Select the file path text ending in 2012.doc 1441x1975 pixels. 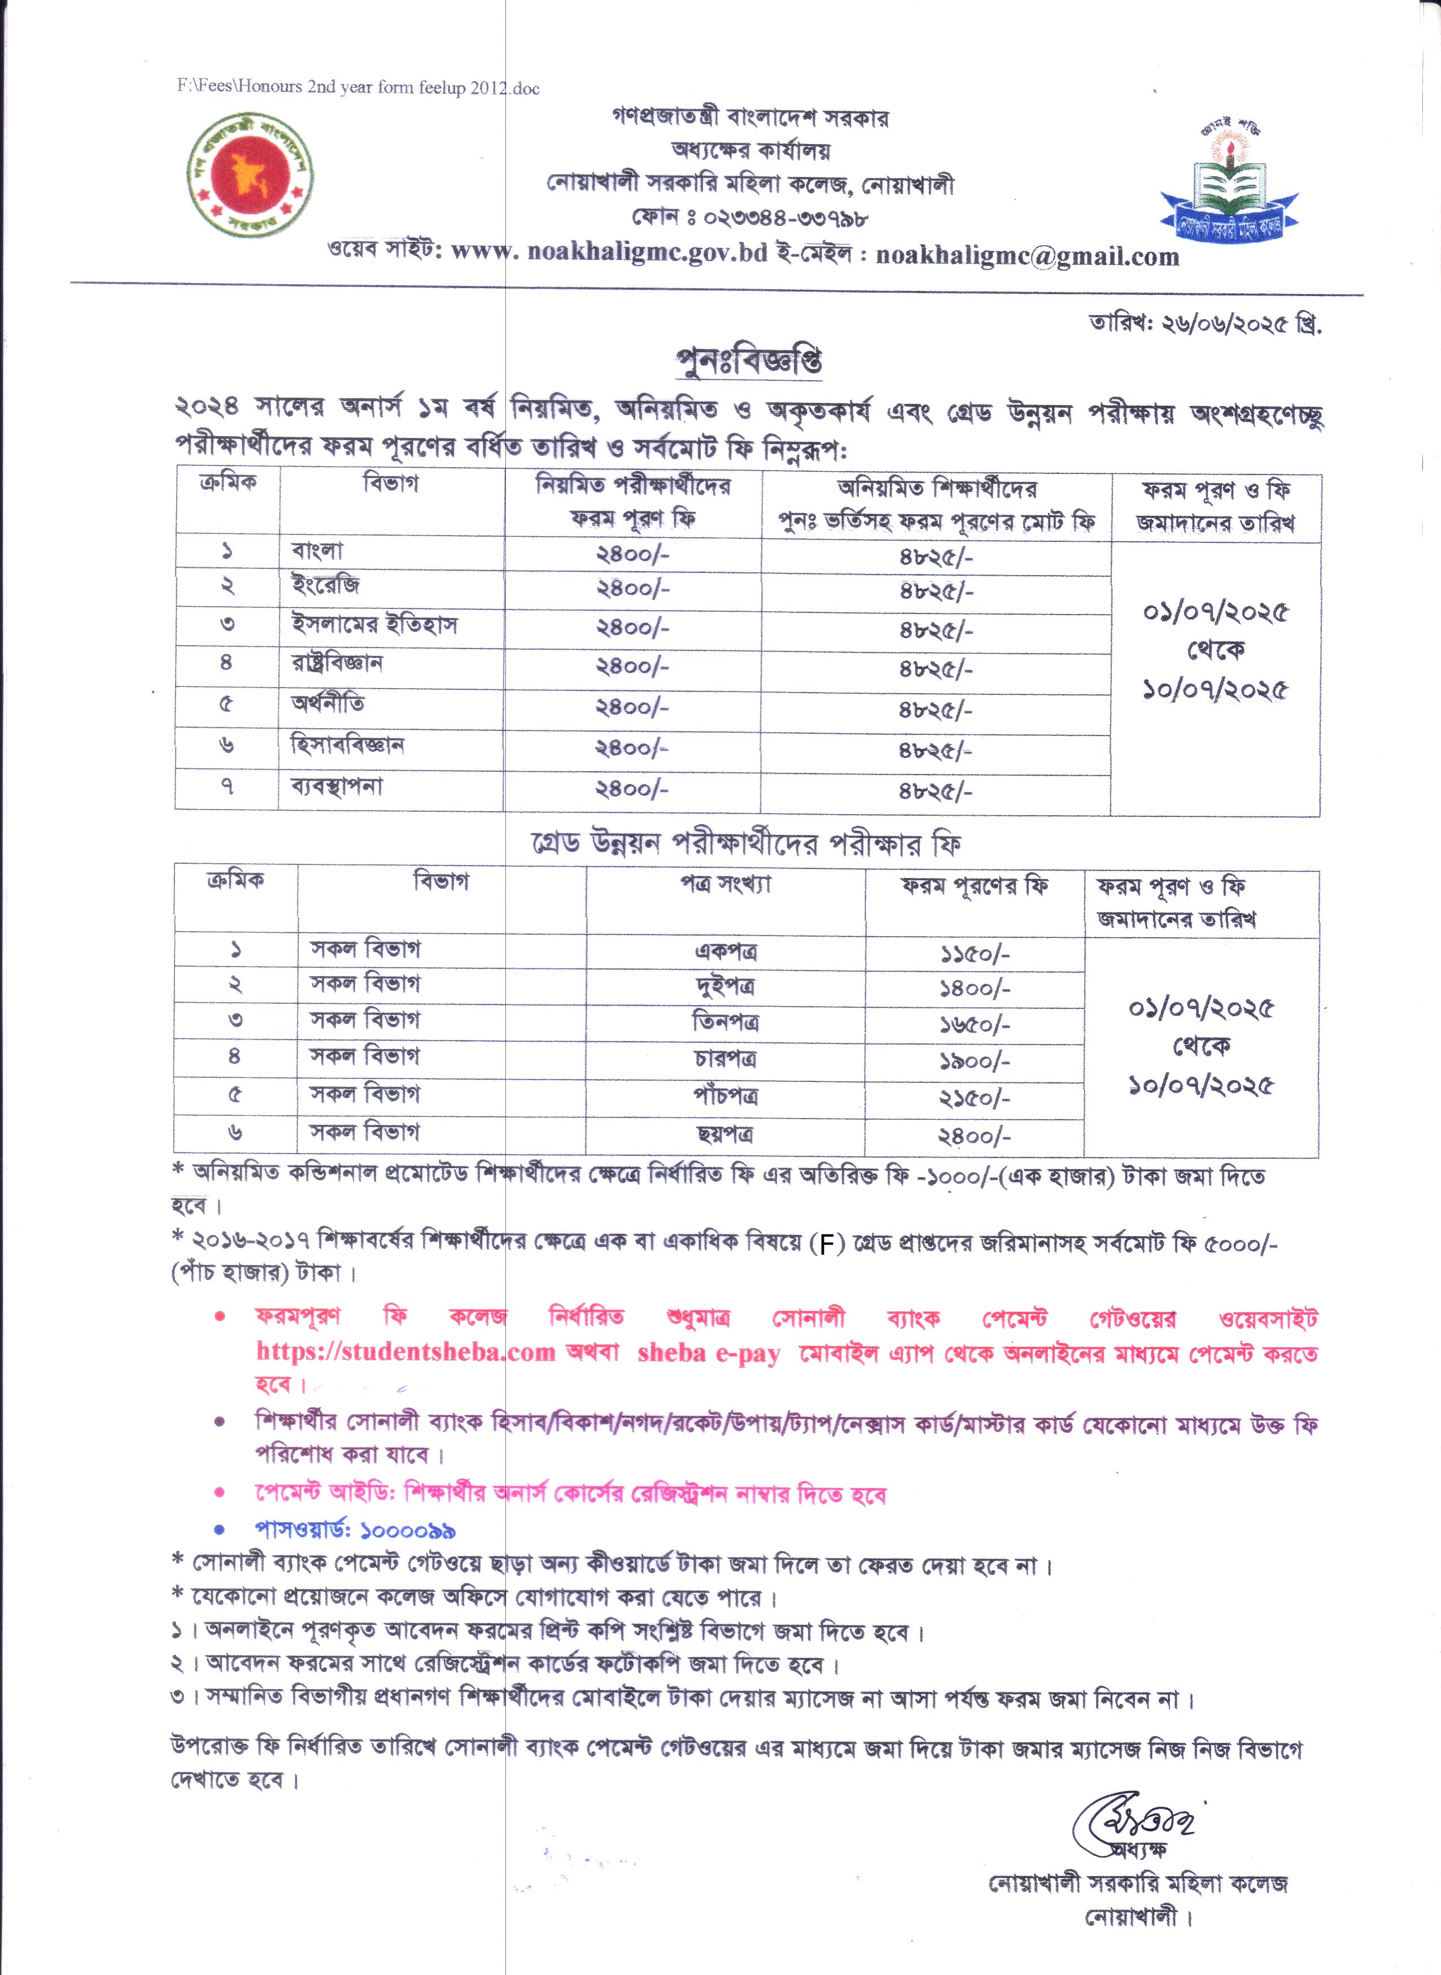[357, 87]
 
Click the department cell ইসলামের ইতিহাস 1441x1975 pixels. [374, 625]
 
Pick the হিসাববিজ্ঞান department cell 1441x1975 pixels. [347, 745]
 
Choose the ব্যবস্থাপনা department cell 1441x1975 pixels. [337, 786]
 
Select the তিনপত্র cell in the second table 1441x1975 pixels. [725, 1022]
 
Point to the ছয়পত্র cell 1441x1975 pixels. [725, 1134]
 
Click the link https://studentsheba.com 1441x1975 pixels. [405, 1352]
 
